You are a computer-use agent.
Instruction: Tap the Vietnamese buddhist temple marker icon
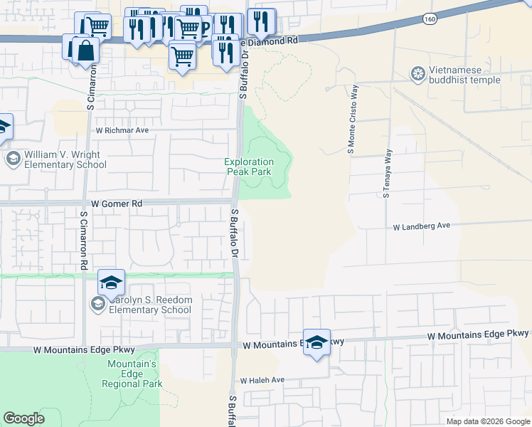pyautogui.click(x=417, y=73)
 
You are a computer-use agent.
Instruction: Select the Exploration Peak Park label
pyautogui.click(x=249, y=167)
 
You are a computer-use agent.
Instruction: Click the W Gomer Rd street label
pyautogui.click(x=117, y=204)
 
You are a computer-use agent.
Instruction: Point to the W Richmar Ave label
pyautogui.click(x=122, y=131)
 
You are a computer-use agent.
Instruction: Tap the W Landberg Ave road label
pyautogui.click(x=422, y=226)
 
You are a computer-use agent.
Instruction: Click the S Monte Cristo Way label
pyautogui.click(x=351, y=120)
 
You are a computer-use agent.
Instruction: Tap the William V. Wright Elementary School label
pyautogui.click(x=65, y=159)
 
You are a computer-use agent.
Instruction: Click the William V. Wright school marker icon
pyautogui.click(x=13, y=158)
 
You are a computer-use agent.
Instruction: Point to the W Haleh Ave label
pyautogui.click(x=262, y=381)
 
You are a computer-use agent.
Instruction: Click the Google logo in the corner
pyautogui.click(x=23, y=418)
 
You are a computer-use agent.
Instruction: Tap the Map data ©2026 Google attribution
pyautogui.click(x=488, y=421)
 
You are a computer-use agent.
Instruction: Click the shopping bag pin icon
pyautogui.click(x=85, y=51)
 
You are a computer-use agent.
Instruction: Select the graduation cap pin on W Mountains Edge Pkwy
pyautogui.click(x=316, y=342)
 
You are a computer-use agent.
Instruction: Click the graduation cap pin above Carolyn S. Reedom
pyautogui.click(x=111, y=283)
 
